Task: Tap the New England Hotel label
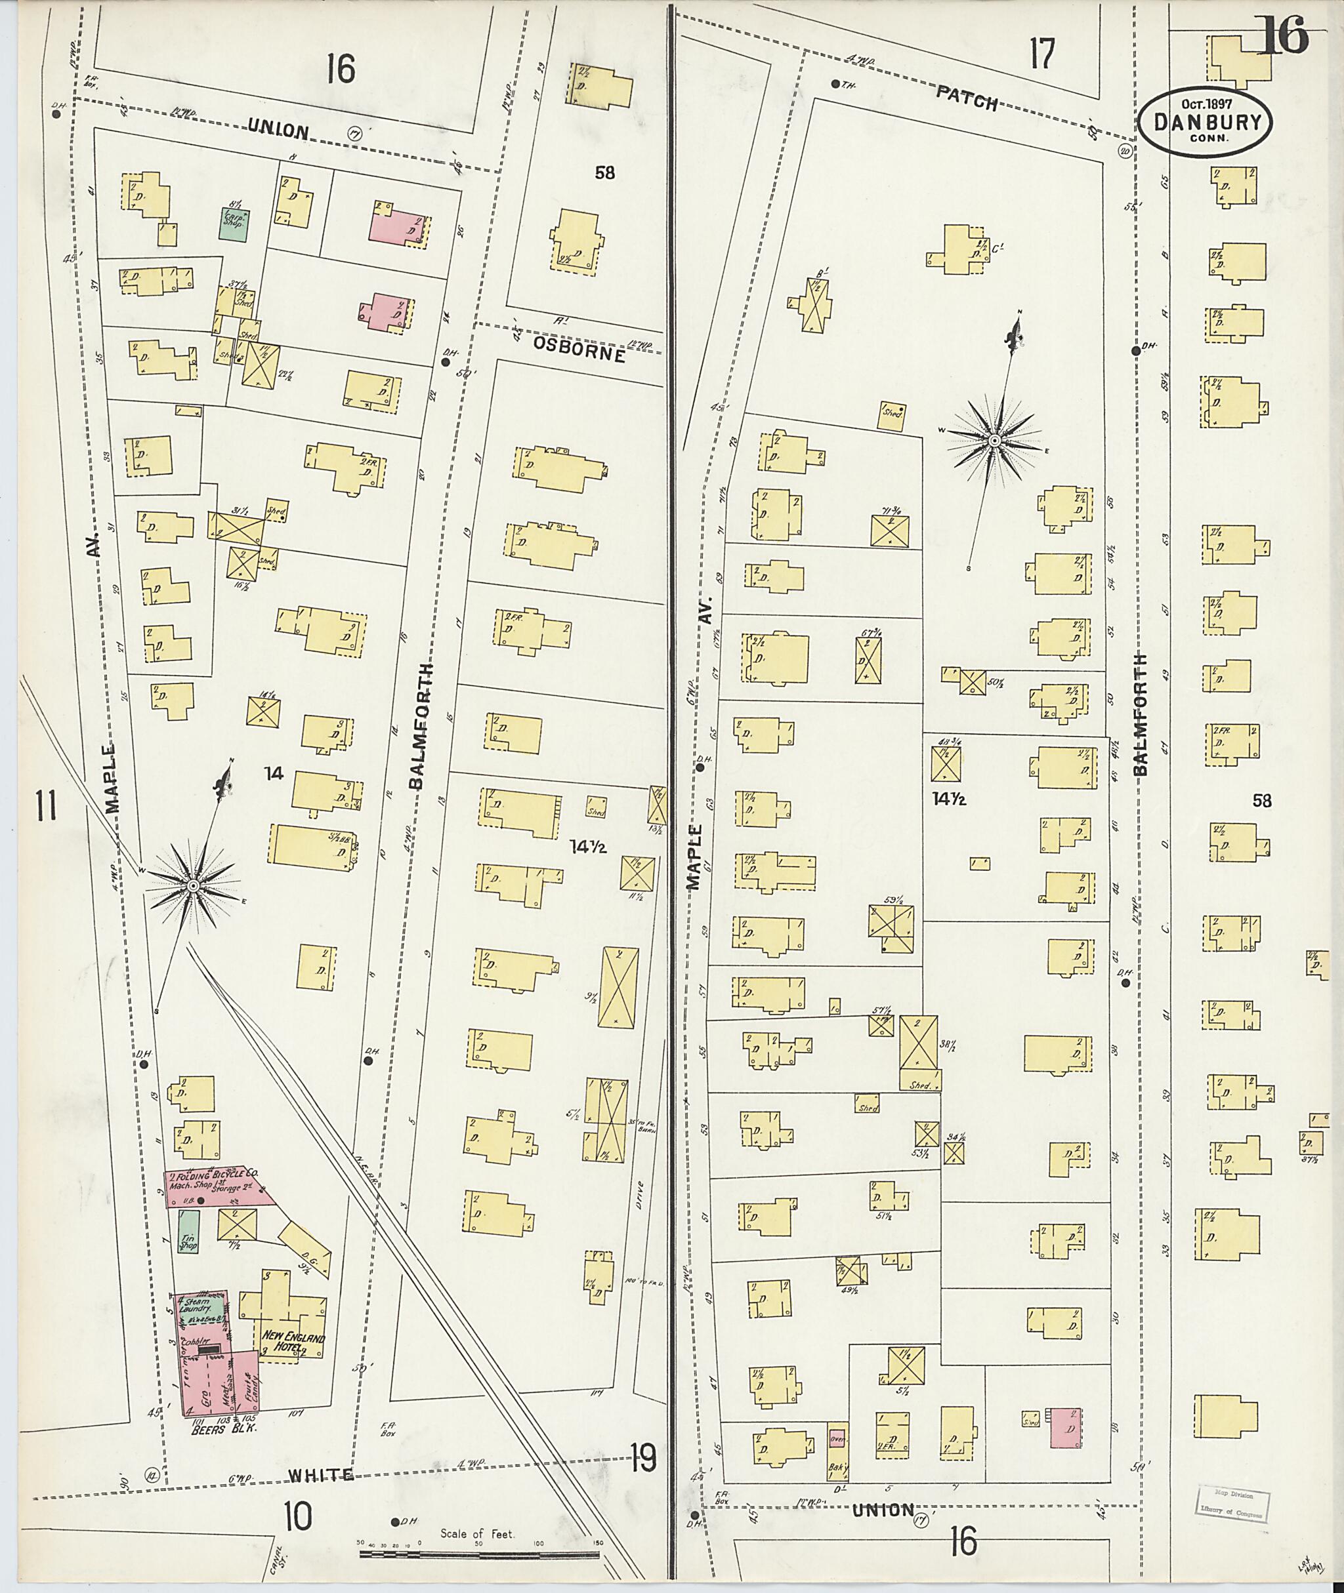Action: pyautogui.click(x=294, y=1344)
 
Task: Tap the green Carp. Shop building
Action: pyautogui.click(x=233, y=224)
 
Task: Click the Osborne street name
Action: pyautogui.click(x=578, y=351)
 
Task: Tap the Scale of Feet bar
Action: pyautogui.click(x=478, y=1552)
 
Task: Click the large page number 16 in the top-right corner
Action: pyautogui.click(x=1283, y=36)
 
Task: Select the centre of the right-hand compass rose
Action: pyautogui.click(x=994, y=440)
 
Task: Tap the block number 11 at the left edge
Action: pyautogui.click(x=46, y=805)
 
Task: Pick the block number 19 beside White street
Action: pyautogui.click(x=643, y=1459)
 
